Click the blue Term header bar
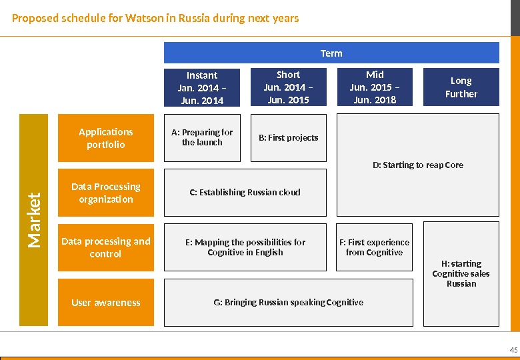(x=331, y=53)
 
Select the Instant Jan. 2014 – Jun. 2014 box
(x=202, y=87)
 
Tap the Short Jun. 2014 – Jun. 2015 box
(x=288, y=87)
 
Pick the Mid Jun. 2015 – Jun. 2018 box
(x=375, y=87)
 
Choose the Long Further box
(x=461, y=87)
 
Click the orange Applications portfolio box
(x=106, y=138)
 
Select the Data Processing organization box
(x=106, y=193)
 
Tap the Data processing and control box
(x=106, y=247)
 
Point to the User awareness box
(x=106, y=302)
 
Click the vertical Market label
(x=35, y=220)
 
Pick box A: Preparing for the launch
(x=202, y=137)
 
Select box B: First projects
(x=288, y=137)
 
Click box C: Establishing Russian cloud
(x=245, y=192)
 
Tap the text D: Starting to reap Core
(x=418, y=165)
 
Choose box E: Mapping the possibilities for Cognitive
(x=245, y=247)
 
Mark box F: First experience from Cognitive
(x=375, y=247)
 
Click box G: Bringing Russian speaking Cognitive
(x=289, y=302)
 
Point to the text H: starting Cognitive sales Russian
(x=461, y=273)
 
